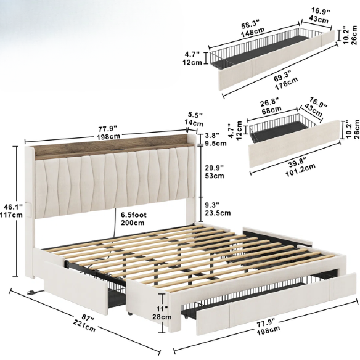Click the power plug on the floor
tap(31, 292)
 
